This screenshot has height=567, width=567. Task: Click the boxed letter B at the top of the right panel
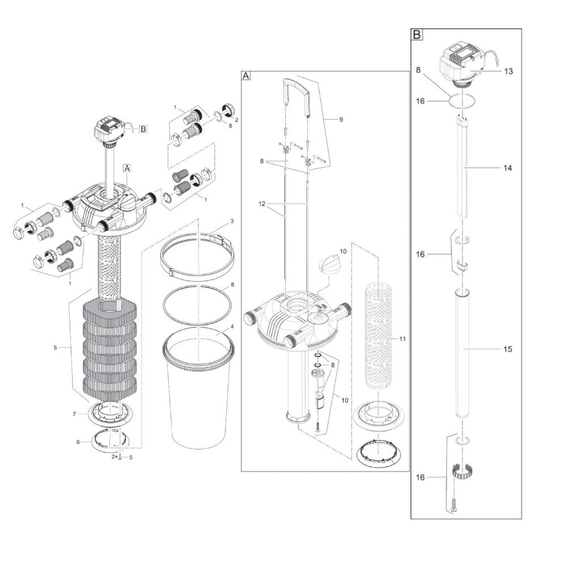click(x=417, y=35)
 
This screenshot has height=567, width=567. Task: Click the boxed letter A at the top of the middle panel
click(x=246, y=75)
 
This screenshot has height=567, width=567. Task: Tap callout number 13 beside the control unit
click(x=508, y=71)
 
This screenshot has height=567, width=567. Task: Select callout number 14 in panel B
click(x=507, y=168)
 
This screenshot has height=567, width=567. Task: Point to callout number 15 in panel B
click(x=507, y=349)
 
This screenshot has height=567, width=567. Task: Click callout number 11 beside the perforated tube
click(x=403, y=339)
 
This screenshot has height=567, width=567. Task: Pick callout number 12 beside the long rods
click(x=262, y=204)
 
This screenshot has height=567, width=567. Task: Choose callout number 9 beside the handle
click(x=341, y=120)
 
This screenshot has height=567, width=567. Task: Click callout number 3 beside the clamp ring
click(x=232, y=221)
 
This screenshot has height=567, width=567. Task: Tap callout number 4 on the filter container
click(x=232, y=327)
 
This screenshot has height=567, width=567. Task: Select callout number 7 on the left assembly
click(x=74, y=414)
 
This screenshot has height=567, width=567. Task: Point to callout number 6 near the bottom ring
click(x=78, y=442)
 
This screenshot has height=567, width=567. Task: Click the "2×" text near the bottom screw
click(x=115, y=457)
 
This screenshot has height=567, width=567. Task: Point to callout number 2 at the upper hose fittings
click(x=236, y=120)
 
